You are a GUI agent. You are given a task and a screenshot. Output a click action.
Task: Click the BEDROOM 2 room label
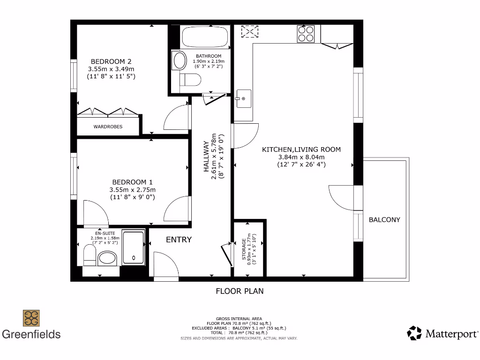point(111,61)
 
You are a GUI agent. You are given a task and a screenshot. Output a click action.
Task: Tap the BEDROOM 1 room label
point(132,182)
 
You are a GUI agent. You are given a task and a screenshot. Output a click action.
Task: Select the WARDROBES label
point(108,127)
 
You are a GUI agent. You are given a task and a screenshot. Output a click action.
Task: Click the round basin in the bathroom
point(179,60)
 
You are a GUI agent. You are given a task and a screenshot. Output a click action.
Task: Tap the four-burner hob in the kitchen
point(306,34)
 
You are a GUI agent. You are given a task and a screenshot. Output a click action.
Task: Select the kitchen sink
point(243,98)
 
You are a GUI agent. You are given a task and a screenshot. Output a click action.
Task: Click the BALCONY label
point(384,219)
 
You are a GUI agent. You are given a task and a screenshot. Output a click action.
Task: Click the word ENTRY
point(179,240)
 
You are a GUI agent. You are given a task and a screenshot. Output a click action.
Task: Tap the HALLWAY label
point(206,157)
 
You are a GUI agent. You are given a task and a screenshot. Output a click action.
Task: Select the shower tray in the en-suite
point(134,247)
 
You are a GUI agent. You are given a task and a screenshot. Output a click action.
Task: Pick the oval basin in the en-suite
point(108,258)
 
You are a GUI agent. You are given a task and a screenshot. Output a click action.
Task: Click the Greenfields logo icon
point(31,318)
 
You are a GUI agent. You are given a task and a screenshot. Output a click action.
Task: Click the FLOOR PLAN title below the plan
point(240,291)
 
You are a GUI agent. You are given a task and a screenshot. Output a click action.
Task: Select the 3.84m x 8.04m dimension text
point(301,157)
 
